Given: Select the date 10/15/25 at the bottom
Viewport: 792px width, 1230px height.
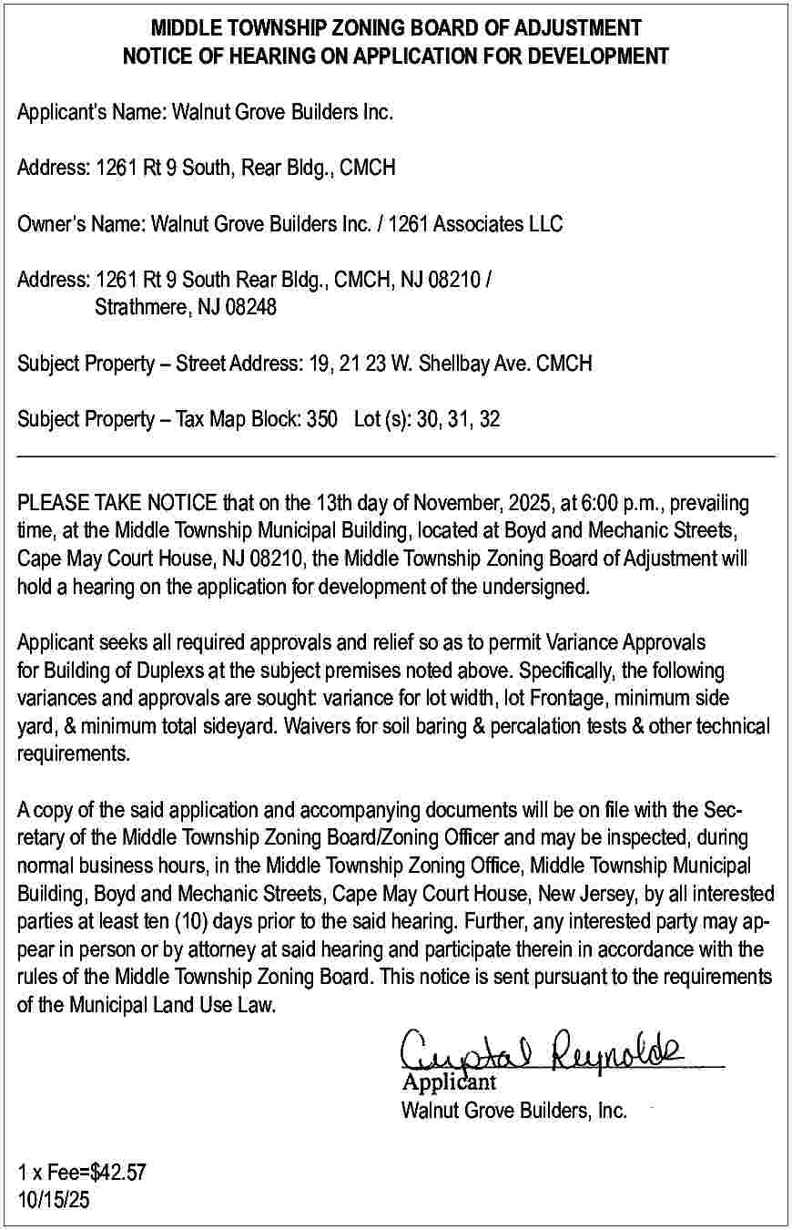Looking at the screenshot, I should [x=54, y=1200].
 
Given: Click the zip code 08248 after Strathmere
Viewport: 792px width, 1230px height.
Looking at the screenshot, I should [x=249, y=308].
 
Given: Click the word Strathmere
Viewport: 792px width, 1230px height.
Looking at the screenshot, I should [x=140, y=308].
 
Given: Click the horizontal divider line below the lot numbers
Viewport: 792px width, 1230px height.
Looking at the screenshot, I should [x=396, y=456].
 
